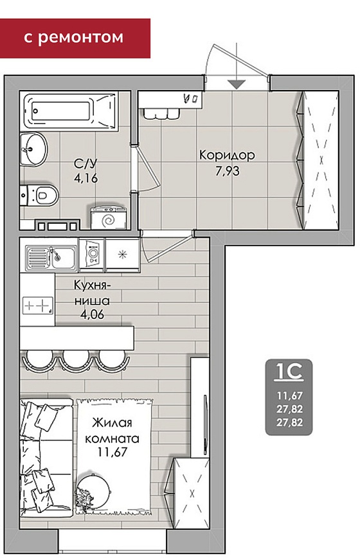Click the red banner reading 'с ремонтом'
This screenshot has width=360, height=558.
click(x=75, y=38)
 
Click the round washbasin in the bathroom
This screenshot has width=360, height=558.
click(x=33, y=149)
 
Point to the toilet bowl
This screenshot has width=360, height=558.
click(x=40, y=195)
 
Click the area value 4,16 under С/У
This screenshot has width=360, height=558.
click(x=85, y=177)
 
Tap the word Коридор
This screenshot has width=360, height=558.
click(x=227, y=156)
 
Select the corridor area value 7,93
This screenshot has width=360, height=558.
click(x=228, y=171)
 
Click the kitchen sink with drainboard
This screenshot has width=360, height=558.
click(x=51, y=258)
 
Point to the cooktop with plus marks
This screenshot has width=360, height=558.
click(x=38, y=306)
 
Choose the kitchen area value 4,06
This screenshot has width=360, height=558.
click(x=92, y=314)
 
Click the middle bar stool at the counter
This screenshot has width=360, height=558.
click(x=76, y=360)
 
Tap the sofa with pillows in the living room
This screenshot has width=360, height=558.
click(x=46, y=458)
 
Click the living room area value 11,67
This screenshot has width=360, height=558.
click(x=113, y=453)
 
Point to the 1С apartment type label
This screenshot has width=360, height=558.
click(x=289, y=372)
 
